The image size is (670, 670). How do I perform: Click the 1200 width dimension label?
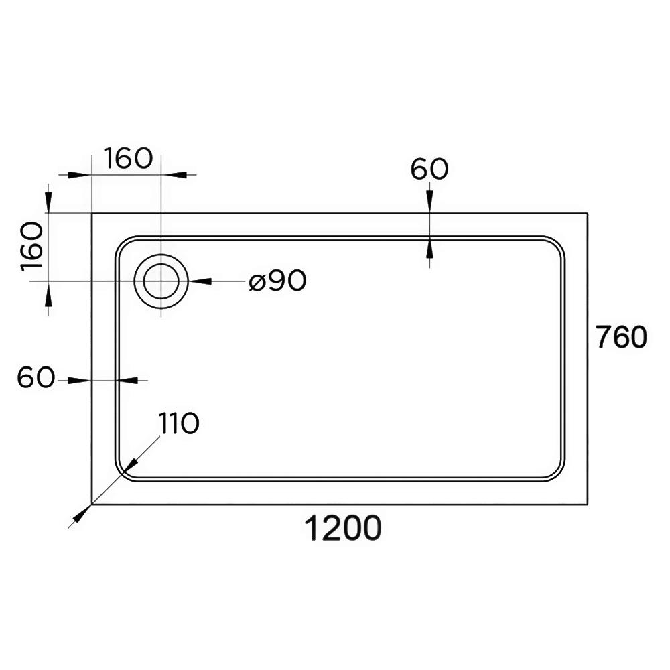point(342,528)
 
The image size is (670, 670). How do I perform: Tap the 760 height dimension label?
point(622,337)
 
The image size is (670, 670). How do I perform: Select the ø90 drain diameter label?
point(278,281)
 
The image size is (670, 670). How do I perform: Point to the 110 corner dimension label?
point(179,423)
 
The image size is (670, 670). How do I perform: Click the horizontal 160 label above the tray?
point(128,158)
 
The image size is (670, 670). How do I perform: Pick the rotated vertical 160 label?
point(32,247)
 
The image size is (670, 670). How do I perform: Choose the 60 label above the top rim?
point(429,169)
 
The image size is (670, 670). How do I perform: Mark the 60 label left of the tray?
point(36,377)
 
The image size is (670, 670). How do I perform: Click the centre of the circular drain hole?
point(161,281)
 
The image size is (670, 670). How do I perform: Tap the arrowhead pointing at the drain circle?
point(200,281)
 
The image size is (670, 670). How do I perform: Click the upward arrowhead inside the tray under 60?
point(430,249)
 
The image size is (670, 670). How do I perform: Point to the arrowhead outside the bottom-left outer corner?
point(81,514)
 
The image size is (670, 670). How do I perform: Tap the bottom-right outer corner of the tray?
point(588,505)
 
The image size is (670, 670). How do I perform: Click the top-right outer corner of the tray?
point(588,213)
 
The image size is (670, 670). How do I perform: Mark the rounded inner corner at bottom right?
point(558,475)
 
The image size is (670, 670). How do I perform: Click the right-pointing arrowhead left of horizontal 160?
point(80,174)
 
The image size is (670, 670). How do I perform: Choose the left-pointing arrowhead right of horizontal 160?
point(173,174)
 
